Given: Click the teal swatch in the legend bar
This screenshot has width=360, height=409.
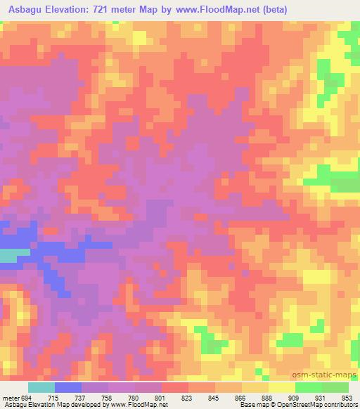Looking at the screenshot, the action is tap(41, 387).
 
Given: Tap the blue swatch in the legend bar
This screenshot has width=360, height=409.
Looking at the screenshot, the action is tap(68, 387).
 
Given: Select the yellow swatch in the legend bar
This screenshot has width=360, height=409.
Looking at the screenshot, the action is tap(282, 387).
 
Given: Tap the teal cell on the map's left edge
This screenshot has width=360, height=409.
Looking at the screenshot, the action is tap(9, 256).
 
